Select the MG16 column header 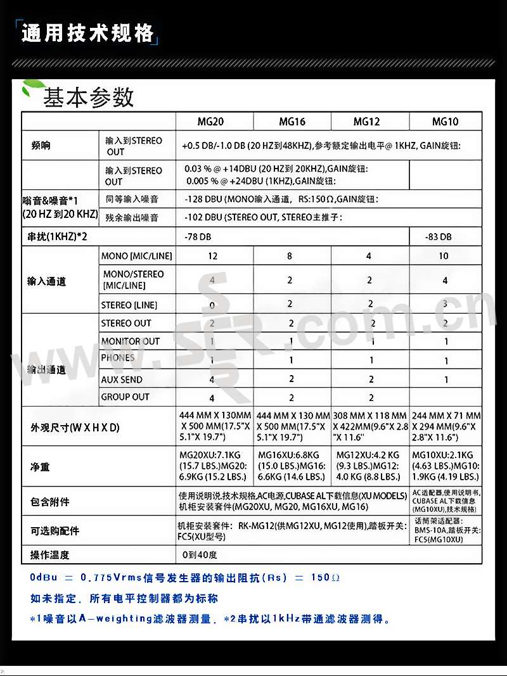[x=292, y=122]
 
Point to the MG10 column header [x=446, y=122]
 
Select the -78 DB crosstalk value [x=198, y=237]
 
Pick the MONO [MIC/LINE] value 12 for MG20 [x=213, y=256]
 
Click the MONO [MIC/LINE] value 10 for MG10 [x=444, y=256]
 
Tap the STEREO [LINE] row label [x=129, y=305]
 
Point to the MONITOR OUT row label [x=131, y=341]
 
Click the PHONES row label [x=118, y=358]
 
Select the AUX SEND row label [x=122, y=379]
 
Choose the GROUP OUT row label [x=125, y=397]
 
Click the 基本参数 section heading [x=89, y=98]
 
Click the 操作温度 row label [x=50, y=555]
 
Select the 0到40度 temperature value [x=200, y=555]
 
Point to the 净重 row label [x=40, y=467]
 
